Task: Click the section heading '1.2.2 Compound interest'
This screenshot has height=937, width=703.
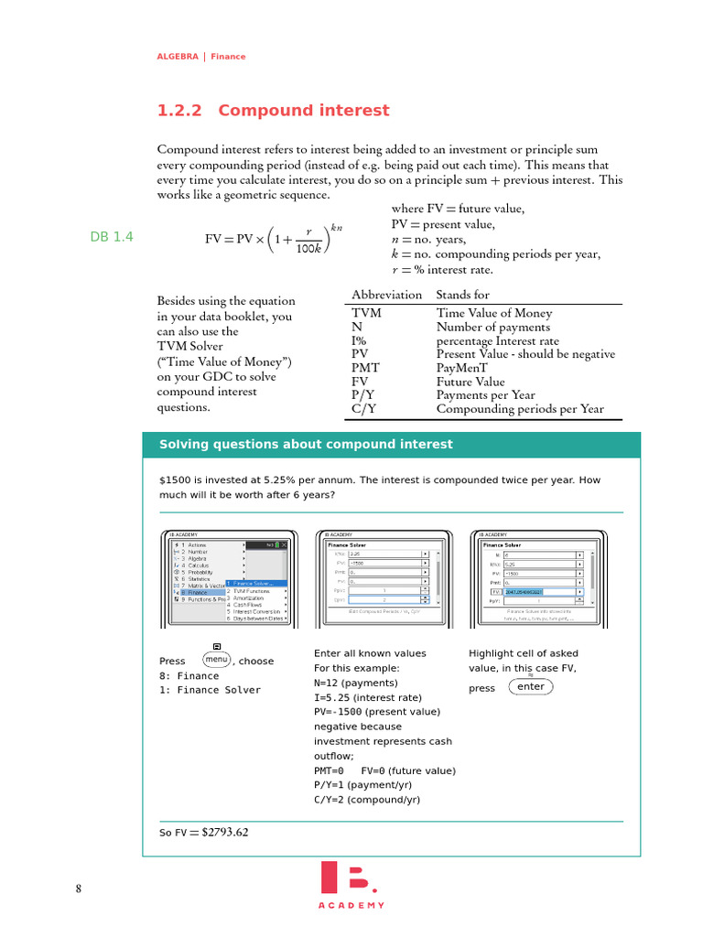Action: pos(273,111)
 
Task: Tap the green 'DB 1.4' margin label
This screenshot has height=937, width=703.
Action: pos(112,237)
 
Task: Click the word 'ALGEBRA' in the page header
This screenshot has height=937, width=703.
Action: pos(178,57)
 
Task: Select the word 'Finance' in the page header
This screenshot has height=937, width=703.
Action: pos(228,57)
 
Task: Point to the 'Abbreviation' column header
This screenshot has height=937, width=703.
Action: pos(386,295)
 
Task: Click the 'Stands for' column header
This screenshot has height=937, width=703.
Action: pos(462,295)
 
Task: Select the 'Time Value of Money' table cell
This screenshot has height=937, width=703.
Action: pos(493,313)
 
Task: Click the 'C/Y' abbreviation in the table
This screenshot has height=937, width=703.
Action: pos(364,409)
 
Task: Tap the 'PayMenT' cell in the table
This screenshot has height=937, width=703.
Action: pos(463,368)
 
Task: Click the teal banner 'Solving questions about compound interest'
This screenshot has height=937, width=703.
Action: pos(306,445)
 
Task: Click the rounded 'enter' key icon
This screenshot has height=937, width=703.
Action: pos(530,687)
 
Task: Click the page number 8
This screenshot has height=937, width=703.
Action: pos(79,889)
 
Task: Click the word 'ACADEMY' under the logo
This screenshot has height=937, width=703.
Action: pos(351,905)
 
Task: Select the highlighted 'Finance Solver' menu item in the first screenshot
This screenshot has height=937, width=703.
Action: pos(257,583)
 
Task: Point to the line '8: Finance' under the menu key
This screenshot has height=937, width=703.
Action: pos(189,676)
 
